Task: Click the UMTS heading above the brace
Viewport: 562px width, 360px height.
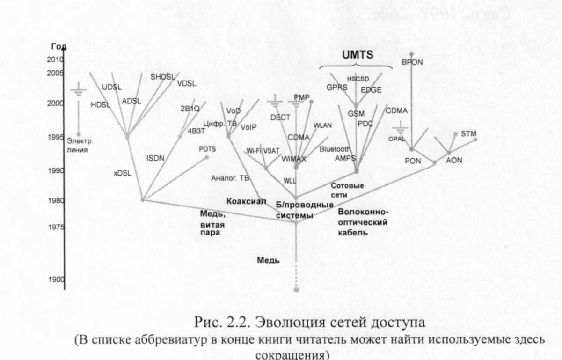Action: (357, 55)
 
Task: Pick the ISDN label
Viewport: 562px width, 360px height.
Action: (155, 158)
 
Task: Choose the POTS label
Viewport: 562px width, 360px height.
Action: (207, 149)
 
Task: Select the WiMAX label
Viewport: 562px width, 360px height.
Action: (294, 159)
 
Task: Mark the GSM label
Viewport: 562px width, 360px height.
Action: (356, 113)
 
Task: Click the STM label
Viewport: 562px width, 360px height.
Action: (468, 133)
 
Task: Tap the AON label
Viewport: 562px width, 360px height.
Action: (453, 160)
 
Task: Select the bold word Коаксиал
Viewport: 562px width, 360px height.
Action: (246, 201)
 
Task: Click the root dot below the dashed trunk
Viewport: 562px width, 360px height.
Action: (296, 290)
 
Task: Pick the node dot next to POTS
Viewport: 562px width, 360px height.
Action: (206, 157)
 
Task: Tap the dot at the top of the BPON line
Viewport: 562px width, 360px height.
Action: (411, 54)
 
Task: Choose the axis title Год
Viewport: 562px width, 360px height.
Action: (59, 47)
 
